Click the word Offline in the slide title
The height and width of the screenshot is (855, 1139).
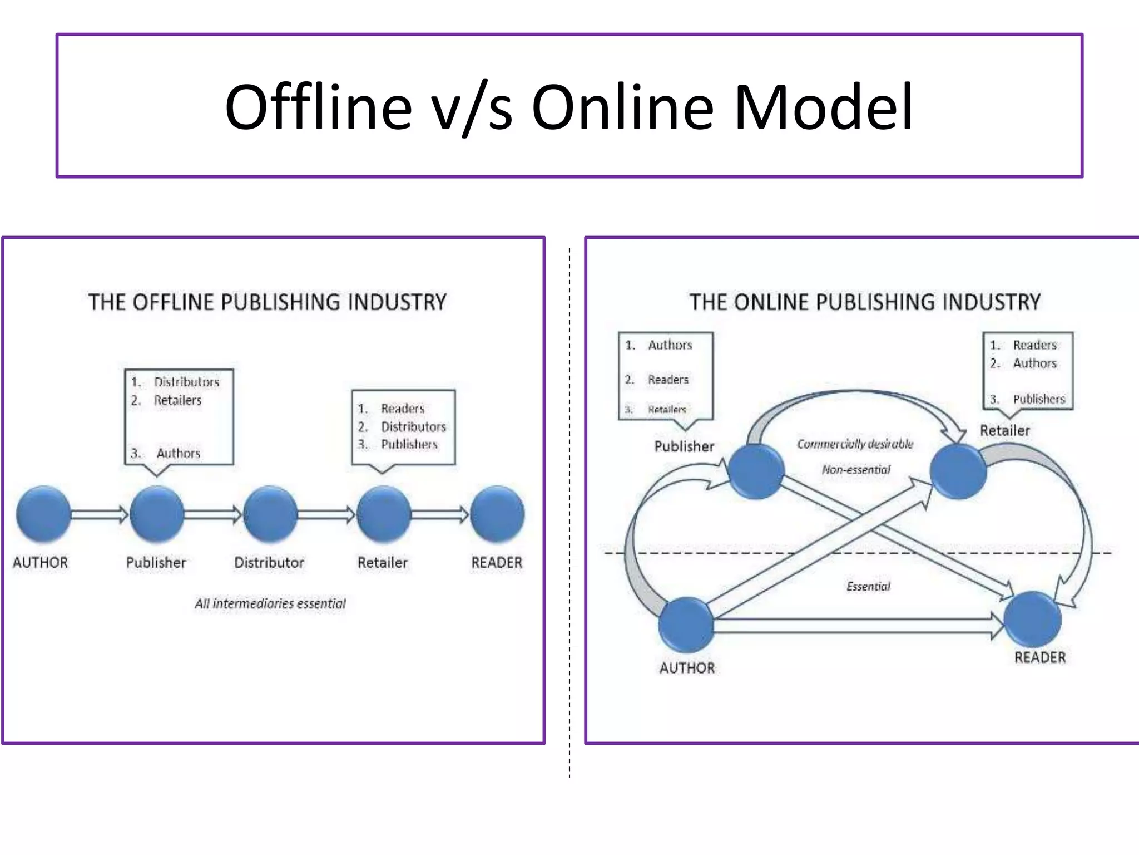click(318, 107)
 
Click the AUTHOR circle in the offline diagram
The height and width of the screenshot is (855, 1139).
click(43, 514)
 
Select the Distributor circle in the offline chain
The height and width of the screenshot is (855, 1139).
click(270, 514)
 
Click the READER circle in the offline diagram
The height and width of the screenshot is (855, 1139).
click(497, 514)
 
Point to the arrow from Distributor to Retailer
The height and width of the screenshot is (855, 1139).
click(326, 514)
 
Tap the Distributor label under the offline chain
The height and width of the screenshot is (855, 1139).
click(269, 563)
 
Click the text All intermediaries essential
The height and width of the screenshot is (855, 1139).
click(270, 603)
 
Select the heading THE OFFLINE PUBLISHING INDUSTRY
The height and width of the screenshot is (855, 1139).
click(268, 302)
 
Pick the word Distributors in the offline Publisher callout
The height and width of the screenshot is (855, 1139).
click(187, 382)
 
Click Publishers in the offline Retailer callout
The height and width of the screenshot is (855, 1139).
click(409, 444)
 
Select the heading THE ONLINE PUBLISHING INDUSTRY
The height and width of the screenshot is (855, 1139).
click(865, 302)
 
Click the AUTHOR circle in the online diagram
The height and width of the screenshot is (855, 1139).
click(686, 625)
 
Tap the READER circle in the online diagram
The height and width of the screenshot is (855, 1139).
click(1033, 619)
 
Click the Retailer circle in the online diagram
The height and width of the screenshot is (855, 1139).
click(958, 472)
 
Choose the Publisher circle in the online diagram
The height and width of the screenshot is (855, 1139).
click(756, 471)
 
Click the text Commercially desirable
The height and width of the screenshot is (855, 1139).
click(855, 444)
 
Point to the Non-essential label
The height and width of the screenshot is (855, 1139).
click(856, 470)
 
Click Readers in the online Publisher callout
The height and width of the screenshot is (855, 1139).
click(668, 380)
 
